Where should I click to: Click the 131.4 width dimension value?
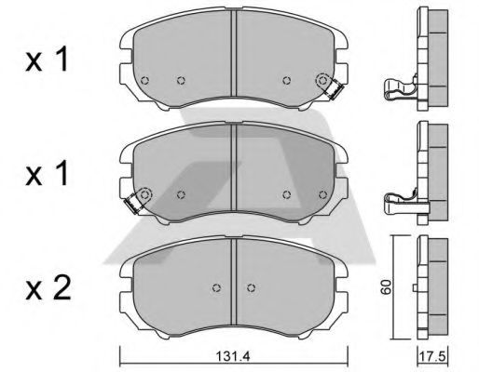coord(233,356)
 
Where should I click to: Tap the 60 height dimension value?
coord(386,287)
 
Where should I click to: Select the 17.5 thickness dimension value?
coord(432,356)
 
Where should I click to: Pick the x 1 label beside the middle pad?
coord(47,174)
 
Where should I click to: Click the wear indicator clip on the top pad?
coord(334,90)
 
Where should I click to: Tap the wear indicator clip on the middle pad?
coord(133,203)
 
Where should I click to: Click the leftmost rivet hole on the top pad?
coord(144,81)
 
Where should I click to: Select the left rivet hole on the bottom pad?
coord(217,287)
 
